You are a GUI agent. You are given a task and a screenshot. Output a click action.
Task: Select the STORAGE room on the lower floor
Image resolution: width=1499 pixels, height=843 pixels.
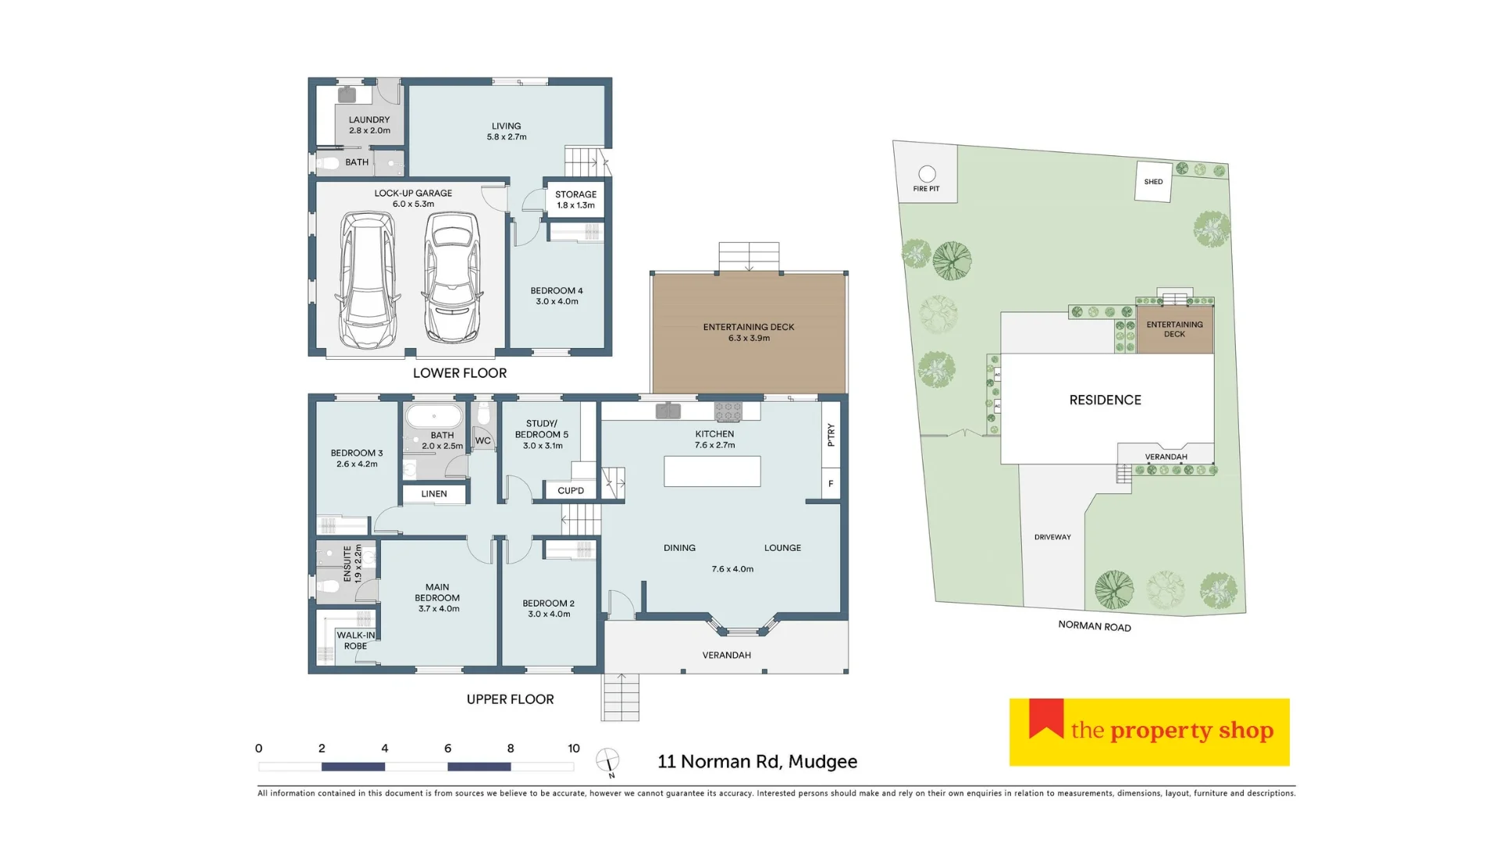click(575, 199)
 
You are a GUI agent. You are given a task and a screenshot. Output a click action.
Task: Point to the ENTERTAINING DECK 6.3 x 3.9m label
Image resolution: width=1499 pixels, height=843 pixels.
click(749, 333)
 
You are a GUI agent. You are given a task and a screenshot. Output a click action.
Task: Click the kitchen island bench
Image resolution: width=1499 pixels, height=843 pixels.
click(712, 471)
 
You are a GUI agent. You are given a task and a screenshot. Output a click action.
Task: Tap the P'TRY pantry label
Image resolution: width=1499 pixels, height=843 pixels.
click(831, 435)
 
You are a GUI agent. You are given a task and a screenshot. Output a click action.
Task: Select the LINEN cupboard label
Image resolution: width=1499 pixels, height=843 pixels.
click(434, 494)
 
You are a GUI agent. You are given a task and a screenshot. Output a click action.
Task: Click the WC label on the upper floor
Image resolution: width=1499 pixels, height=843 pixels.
click(483, 441)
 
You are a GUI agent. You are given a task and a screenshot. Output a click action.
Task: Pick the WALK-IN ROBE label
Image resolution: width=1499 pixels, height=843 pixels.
click(355, 641)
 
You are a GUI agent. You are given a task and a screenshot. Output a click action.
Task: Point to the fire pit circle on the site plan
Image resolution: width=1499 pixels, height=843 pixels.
click(927, 173)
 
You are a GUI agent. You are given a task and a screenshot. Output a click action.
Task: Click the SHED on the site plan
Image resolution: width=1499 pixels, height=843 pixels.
click(1153, 182)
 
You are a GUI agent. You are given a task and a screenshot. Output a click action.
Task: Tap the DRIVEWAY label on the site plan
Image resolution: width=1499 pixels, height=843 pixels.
click(1052, 537)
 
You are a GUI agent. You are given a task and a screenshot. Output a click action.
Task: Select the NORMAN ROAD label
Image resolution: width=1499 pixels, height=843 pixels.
click(1094, 626)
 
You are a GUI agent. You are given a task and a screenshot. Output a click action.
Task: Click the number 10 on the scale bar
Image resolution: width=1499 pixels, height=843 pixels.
click(574, 748)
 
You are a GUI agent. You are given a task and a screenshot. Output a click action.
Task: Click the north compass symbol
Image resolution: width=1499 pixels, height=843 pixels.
click(607, 760)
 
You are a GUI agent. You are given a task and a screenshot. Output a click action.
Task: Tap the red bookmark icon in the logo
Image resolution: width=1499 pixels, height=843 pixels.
click(1046, 718)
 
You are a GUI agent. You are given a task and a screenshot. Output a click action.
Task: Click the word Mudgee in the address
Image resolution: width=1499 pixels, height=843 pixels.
click(823, 762)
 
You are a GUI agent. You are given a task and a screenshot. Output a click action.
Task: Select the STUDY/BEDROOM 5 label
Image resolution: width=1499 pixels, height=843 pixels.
click(542, 435)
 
